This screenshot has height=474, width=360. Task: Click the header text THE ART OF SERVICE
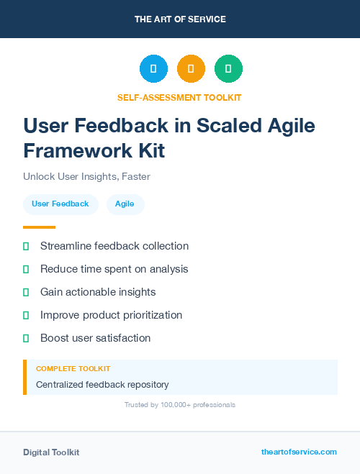coord(180,19)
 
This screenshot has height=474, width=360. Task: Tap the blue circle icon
coord(153,69)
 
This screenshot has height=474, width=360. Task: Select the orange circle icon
coord(191,69)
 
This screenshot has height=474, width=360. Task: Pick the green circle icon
coord(228,69)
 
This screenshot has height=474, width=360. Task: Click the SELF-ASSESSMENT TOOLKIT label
coord(180,97)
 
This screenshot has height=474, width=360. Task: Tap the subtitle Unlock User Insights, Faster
coord(86,176)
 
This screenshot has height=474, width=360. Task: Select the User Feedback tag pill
coord(60,204)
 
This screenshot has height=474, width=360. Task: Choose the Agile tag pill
coord(125,204)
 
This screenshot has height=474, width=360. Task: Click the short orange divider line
coord(39,227)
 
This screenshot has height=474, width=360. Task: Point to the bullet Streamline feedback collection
coord(114,246)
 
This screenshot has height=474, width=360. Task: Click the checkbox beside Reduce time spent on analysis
coord(26,269)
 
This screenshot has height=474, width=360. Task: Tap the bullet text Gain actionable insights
coord(98,292)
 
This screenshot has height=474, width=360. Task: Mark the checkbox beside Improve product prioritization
coord(26,315)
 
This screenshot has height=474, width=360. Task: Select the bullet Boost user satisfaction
coord(95,338)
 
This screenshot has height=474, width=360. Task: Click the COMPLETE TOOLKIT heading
coord(68,368)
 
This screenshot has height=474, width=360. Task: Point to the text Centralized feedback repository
coord(102,385)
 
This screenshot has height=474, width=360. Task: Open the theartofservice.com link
coord(299,452)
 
